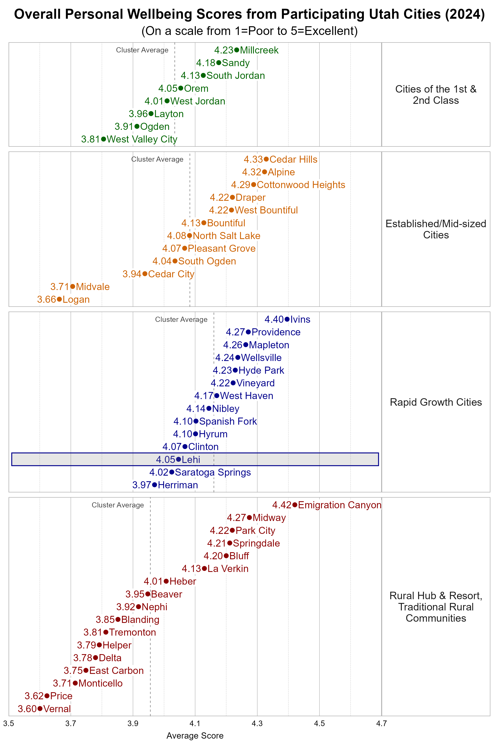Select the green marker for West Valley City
coord(103,139)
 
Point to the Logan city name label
coord(76,299)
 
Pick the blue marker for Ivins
coord(287,319)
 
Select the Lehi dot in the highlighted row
coord(179,459)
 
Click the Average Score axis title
coord(195,736)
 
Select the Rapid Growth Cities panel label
coord(436,402)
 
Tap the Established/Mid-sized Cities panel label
coord(436,229)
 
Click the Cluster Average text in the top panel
coord(142,50)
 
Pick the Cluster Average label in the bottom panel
coord(118,505)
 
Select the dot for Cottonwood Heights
coord(254,185)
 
